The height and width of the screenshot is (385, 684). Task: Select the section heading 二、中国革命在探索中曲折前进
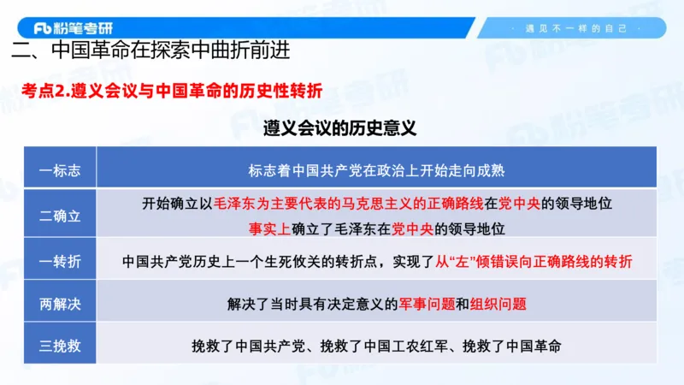pos(151,50)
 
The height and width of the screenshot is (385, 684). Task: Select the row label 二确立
pos(61,216)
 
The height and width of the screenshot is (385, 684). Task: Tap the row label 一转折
pos(61,261)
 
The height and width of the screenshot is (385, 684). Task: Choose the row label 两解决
pos(61,303)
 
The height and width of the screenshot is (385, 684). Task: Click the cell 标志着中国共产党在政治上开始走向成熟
pos(376,169)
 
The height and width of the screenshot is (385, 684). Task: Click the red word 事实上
pos(268,228)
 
